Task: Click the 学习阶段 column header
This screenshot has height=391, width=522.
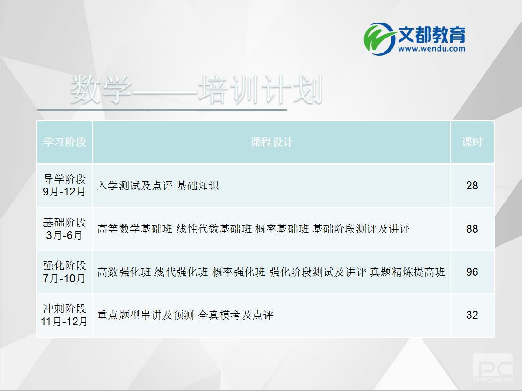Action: pos(65,143)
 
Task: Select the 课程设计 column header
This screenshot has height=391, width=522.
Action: pos(271,143)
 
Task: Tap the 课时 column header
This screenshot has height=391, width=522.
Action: pos(472,143)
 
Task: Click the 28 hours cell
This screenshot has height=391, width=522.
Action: pos(472,186)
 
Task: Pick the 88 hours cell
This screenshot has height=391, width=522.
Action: pos(472,229)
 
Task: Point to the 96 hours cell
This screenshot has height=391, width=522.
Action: pos(472,272)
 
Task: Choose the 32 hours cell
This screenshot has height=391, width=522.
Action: pos(472,315)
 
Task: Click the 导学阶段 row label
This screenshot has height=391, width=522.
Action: pos(65,180)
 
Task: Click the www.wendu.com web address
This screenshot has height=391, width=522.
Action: pos(431,48)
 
